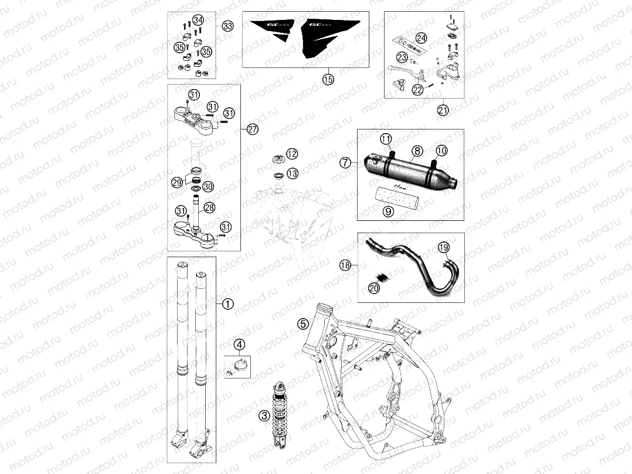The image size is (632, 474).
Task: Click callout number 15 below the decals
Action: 328,79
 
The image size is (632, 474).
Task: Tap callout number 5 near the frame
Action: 303,323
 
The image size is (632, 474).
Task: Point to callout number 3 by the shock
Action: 264,415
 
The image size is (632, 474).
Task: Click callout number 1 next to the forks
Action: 228,304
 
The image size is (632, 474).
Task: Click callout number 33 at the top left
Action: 227,26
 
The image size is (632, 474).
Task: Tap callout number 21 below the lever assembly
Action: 442,109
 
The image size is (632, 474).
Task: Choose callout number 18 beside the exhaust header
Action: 346,265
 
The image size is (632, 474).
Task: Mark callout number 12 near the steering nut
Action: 292,154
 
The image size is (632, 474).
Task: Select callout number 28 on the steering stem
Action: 209,208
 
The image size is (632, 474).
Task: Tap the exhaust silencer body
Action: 410,169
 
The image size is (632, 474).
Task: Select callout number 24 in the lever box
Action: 421,39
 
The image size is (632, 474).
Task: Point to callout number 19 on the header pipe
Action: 443,247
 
